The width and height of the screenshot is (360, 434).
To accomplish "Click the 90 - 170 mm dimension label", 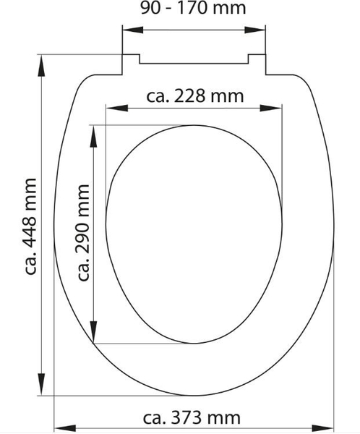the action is (193, 8).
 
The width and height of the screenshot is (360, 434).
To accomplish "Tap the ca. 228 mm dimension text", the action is (194, 96).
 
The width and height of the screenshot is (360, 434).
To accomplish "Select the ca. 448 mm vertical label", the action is (30, 226).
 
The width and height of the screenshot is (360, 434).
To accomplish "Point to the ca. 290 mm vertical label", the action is (84, 232).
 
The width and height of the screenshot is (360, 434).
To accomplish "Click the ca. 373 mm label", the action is (192, 417).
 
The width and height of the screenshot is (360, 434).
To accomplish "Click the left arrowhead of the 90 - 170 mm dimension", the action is (133, 30).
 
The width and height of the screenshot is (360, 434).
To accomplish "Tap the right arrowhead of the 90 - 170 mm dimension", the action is (255, 30).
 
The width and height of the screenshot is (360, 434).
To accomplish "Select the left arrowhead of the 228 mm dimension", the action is (117, 109).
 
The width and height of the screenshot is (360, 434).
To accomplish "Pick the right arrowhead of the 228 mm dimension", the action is (271, 109).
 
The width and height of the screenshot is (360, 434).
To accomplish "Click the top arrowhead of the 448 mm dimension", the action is (41, 66).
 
